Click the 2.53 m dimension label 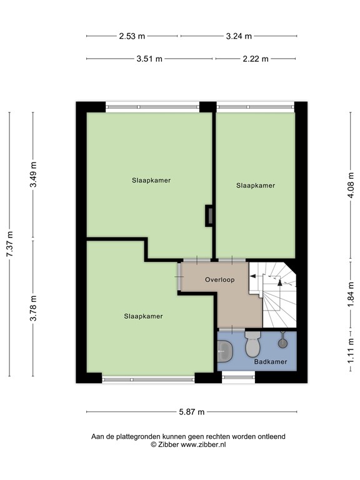[x=132, y=36]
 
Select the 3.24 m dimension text [x=239, y=36]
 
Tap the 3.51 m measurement [x=149, y=59]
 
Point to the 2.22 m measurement [x=256, y=59]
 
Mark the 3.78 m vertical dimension [x=34, y=308]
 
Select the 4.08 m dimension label [x=351, y=186]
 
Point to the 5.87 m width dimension [x=192, y=412]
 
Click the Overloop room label [x=220, y=280]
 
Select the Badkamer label [x=270, y=362]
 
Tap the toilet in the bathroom [x=252, y=344]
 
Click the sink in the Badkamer [x=224, y=351]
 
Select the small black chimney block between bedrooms [x=209, y=215]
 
